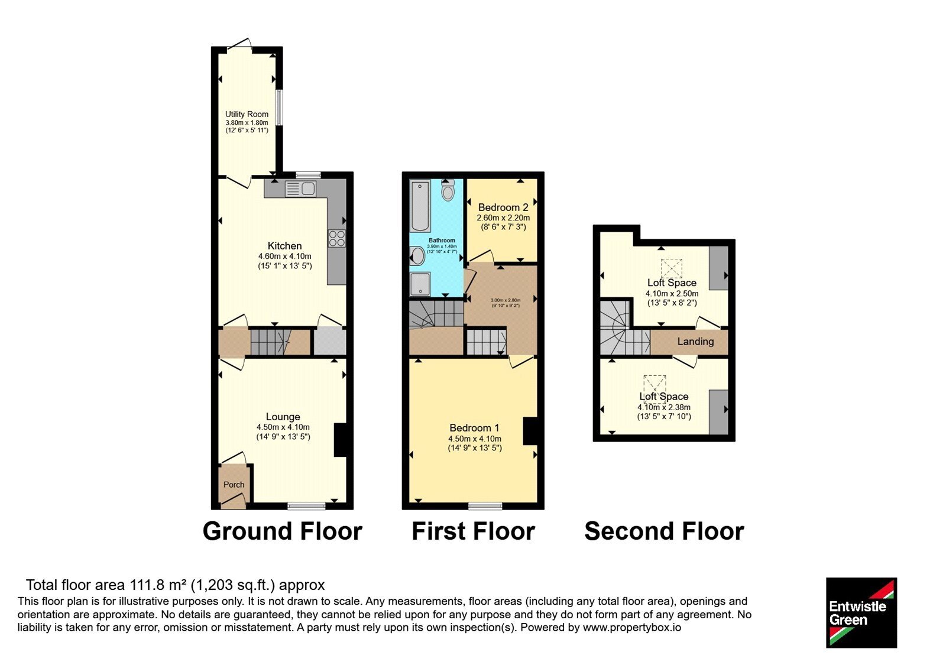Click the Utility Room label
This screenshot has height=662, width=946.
(247, 114)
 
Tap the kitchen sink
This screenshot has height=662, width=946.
(301, 189)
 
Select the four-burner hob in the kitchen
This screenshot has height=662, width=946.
(336, 238)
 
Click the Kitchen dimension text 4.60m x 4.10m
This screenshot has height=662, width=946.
(284, 257)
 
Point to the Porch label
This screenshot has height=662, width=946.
(234, 485)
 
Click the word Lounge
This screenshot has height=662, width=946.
(283, 417)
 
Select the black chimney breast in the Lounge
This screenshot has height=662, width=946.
(341, 440)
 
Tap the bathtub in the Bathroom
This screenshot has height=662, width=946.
(420, 206)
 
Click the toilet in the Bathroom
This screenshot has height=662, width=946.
(447, 190)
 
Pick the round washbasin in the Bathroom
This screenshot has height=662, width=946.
(417, 257)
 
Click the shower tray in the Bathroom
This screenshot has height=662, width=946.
(420, 284)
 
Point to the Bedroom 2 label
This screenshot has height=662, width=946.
(503, 207)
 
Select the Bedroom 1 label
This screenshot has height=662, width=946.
(474, 428)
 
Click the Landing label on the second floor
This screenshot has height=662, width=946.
(695, 341)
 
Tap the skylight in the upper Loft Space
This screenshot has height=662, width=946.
(672, 268)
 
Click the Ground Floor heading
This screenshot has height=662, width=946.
(283, 531)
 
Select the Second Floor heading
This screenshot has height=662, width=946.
(665, 531)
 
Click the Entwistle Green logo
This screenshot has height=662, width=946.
(861, 612)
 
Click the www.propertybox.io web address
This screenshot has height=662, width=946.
(632, 627)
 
